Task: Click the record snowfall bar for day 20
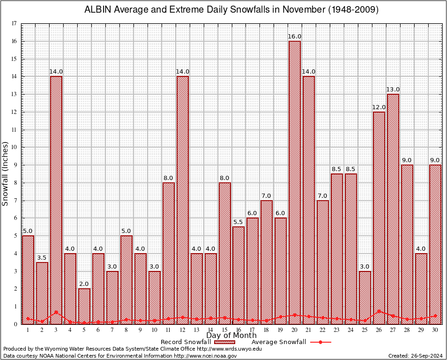point(295,183)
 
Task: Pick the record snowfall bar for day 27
point(393,209)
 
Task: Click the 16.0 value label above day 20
point(295,37)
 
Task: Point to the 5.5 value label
point(238,222)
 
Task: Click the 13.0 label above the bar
point(393,90)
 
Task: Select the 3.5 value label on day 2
point(42,257)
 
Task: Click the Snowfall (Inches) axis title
point(6,173)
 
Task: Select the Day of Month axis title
point(231,336)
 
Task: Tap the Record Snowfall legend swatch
point(223,342)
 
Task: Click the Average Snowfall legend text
point(278,342)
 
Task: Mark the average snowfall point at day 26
point(379,311)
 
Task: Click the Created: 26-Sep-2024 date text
point(415,356)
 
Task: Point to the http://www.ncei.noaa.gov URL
point(205,356)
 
